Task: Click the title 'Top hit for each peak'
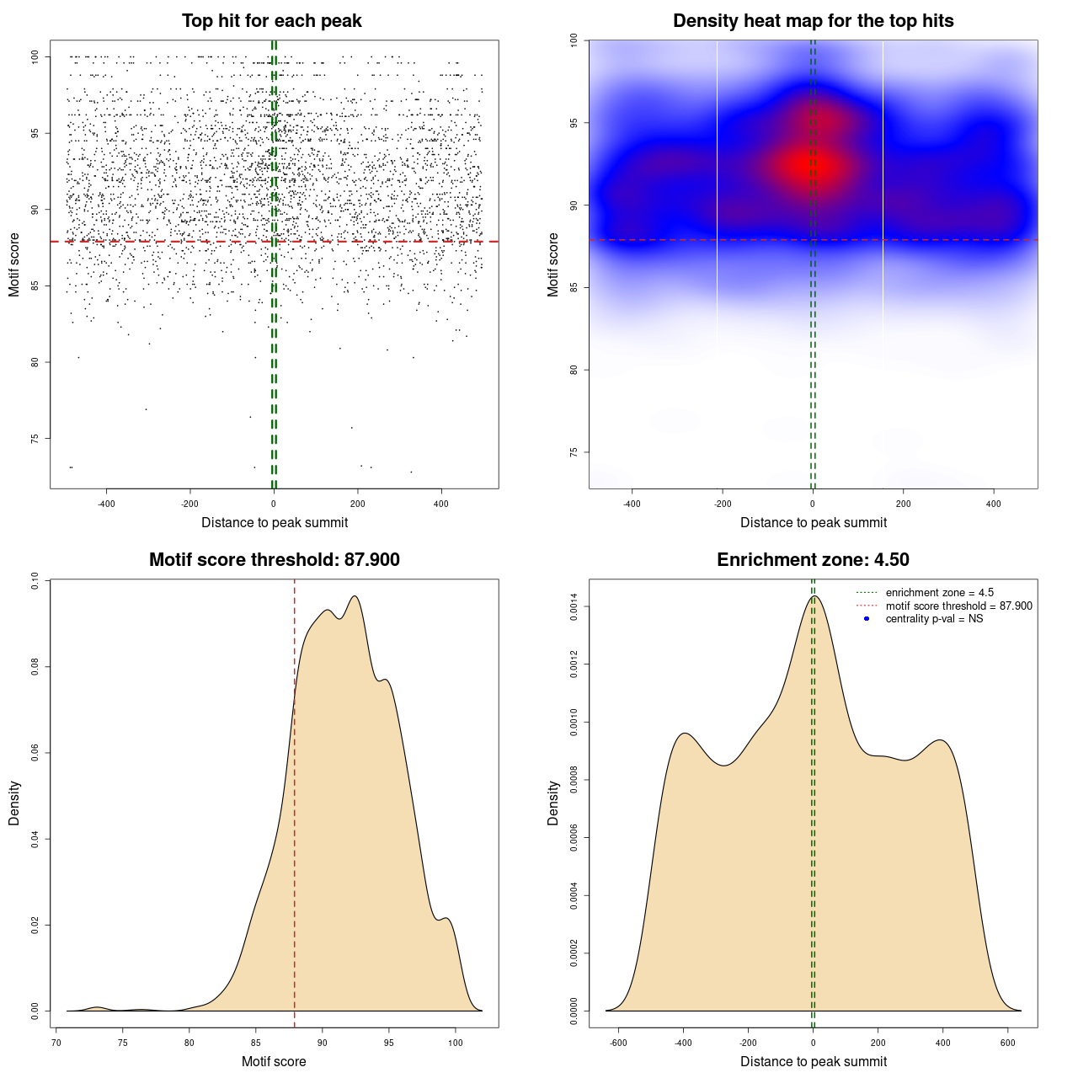[x=272, y=21]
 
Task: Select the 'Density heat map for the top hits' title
[x=813, y=21]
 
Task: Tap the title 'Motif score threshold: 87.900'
[x=274, y=560]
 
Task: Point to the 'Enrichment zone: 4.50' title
[x=813, y=560]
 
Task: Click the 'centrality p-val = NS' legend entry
[x=934, y=619]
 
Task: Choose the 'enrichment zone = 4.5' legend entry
[x=939, y=593]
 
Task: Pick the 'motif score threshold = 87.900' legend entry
[x=958, y=606]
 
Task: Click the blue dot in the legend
[x=867, y=619]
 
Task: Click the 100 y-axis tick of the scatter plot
[x=35, y=56]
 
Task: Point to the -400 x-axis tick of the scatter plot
[x=106, y=504]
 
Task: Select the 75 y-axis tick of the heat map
[x=574, y=452]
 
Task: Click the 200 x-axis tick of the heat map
[x=903, y=504]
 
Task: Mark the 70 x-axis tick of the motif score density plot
[x=56, y=1043]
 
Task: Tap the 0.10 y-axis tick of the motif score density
[x=35, y=581]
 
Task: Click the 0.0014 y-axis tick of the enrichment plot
[x=574, y=606]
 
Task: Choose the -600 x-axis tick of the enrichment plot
[x=618, y=1043]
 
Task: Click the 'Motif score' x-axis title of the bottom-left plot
[x=274, y=1061]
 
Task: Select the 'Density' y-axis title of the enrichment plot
[x=553, y=803]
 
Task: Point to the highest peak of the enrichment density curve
[x=814, y=596]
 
